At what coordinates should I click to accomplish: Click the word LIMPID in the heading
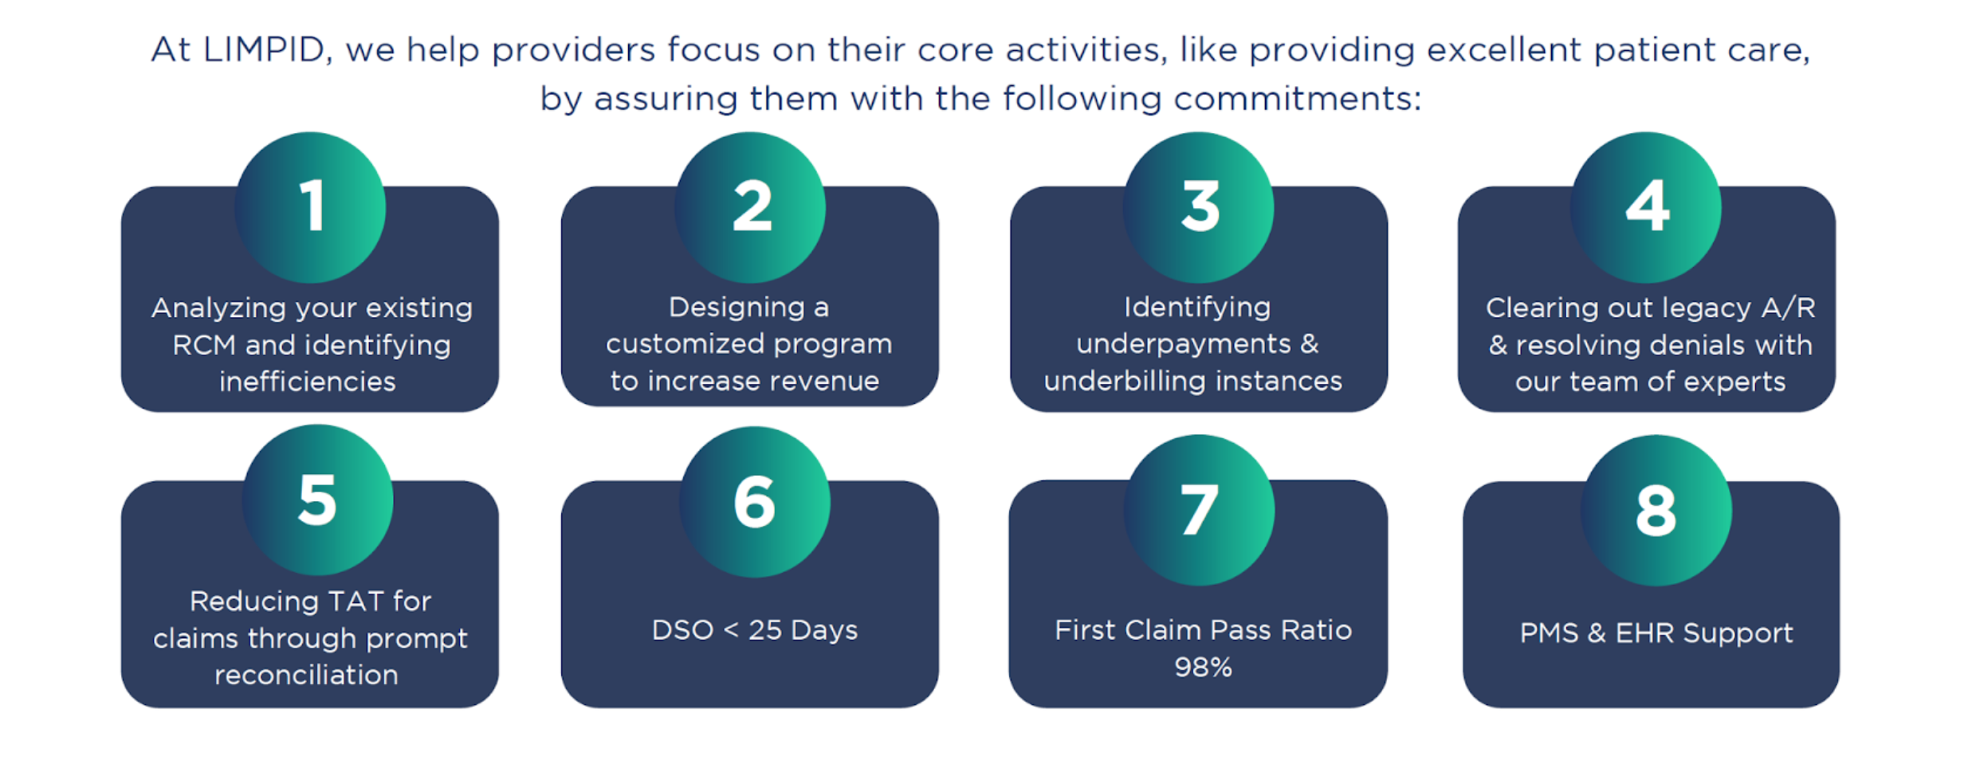click(x=264, y=50)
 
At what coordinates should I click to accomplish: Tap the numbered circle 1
click(x=310, y=207)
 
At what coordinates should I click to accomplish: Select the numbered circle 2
click(x=750, y=207)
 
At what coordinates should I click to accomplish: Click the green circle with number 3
click(x=1198, y=207)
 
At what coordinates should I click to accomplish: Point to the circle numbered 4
click(x=1646, y=207)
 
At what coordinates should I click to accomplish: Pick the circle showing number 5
click(x=317, y=500)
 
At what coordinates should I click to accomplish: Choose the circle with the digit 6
click(x=754, y=502)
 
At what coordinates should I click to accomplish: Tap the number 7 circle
click(x=1199, y=510)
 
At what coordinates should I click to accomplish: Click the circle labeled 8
click(x=1656, y=510)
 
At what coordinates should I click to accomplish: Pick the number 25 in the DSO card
click(x=765, y=630)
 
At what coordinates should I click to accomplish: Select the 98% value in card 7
click(x=1203, y=667)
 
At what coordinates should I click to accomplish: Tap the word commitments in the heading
click(x=1296, y=99)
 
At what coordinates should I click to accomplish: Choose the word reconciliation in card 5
click(x=306, y=676)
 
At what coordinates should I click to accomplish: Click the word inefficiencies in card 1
click(x=308, y=382)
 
